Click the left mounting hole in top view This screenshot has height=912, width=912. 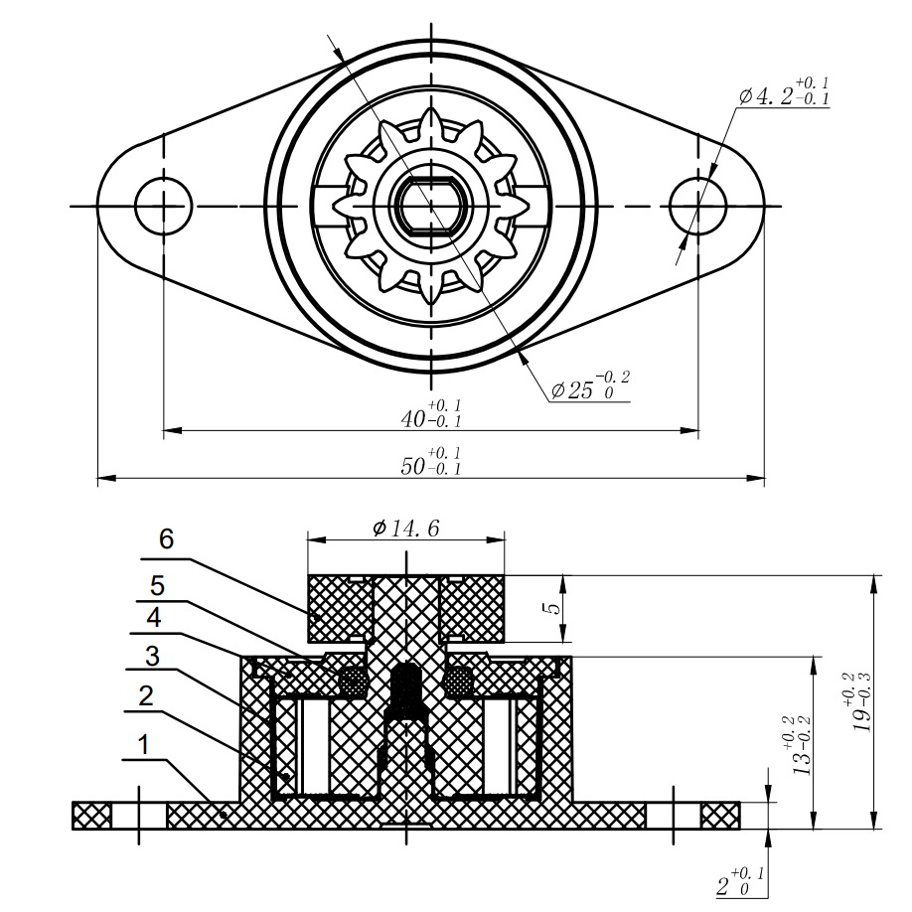pyautogui.click(x=162, y=207)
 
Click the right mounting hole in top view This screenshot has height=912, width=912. pyautogui.click(x=697, y=207)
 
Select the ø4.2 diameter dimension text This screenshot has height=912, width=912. pyautogui.click(x=785, y=95)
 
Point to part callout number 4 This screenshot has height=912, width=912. pyautogui.click(x=155, y=617)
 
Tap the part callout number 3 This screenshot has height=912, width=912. pyautogui.click(x=151, y=656)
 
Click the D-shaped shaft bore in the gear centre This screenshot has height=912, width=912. pyautogui.click(x=430, y=205)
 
